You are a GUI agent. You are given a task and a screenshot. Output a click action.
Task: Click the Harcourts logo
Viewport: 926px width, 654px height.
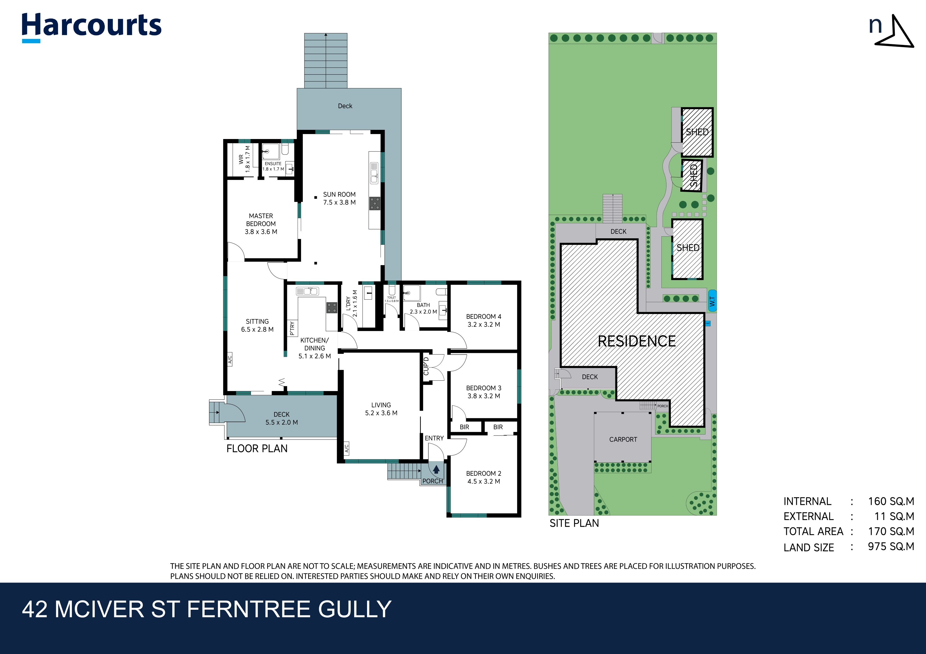[x=91, y=26]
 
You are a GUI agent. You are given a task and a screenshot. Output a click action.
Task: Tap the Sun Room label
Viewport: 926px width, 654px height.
[x=339, y=194]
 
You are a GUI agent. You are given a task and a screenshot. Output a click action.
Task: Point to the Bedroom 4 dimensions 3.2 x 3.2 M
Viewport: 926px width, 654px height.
[x=483, y=324]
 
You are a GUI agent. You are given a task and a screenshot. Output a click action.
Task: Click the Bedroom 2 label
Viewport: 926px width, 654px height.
[x=483, y=473]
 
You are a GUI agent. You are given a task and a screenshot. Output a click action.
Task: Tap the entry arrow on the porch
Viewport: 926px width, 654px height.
[x=436, y=470]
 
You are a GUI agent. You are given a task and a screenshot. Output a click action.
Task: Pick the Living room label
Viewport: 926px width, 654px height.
[x=381, y=405]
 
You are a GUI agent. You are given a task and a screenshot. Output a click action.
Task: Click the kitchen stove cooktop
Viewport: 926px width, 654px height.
[x=331, y=308]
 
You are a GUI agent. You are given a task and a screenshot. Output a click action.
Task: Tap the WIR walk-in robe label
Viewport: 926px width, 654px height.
[x=241, y=159]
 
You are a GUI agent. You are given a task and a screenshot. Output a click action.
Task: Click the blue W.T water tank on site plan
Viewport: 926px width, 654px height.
[x=712, y=301]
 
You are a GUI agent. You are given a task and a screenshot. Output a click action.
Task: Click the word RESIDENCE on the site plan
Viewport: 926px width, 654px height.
[x=636, y=341]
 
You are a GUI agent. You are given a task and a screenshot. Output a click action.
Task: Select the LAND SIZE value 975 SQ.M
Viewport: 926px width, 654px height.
[x=891, y=546]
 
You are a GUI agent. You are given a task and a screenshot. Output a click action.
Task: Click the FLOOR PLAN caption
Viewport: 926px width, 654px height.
[x=257, y=449]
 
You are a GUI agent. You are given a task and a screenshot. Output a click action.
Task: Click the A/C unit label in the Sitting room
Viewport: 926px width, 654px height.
[x=230, y=359]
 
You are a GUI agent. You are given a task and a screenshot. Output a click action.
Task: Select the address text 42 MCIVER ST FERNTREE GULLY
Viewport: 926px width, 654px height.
[x=207, y=609]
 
